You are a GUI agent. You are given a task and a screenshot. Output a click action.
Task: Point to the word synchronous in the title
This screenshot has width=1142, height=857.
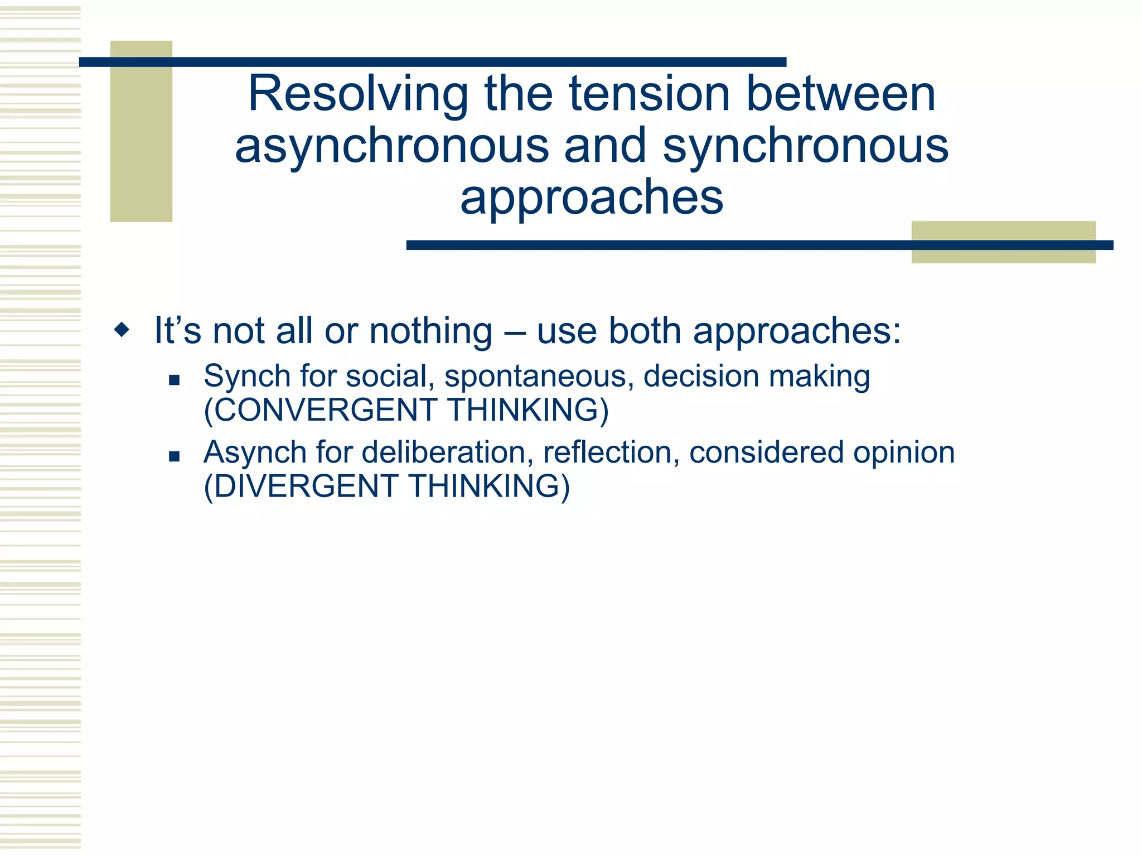[805, 146]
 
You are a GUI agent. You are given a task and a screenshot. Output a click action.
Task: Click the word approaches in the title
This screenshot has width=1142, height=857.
[592, 198]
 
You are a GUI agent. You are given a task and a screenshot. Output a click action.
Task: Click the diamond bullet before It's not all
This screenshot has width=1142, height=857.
[122, 330]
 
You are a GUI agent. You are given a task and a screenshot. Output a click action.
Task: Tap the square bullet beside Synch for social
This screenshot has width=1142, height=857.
[174, 381]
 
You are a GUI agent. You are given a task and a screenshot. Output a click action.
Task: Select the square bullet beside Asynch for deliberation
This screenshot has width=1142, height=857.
[174, 456]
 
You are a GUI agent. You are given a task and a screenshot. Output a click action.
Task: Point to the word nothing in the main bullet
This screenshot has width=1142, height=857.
[430, 331]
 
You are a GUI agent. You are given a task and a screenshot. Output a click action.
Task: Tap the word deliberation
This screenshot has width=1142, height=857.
[443, 452]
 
